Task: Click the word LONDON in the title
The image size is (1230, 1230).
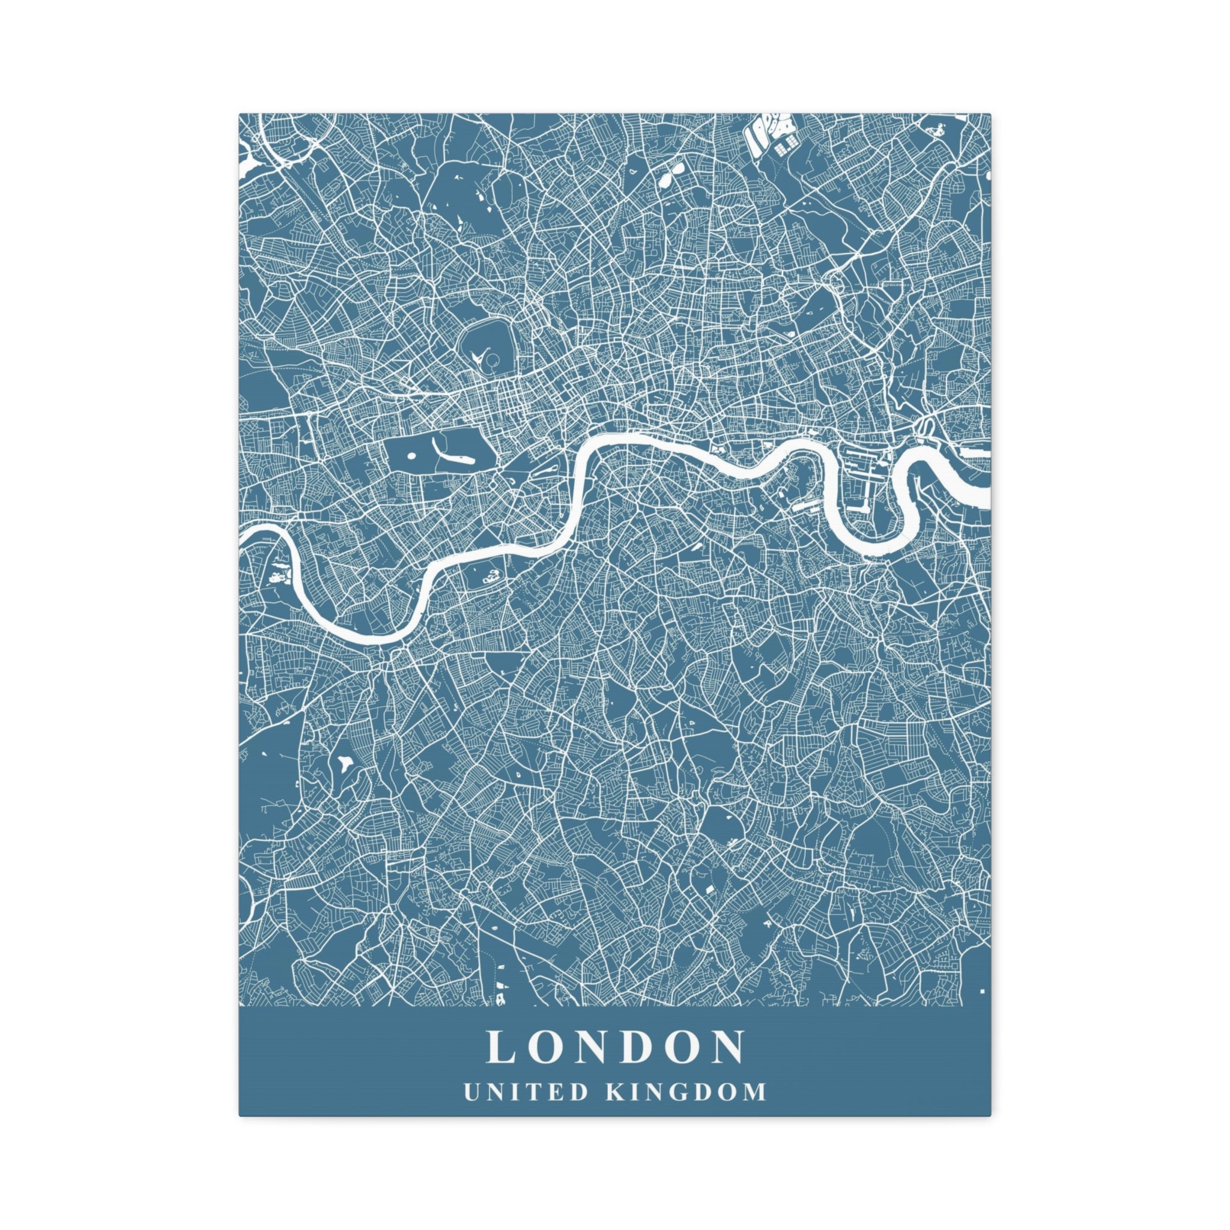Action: (x=615, y=1047)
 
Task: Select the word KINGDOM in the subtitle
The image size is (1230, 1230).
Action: (x=686, y=1092)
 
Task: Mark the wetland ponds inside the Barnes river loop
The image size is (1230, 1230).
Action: (x=278, y=577)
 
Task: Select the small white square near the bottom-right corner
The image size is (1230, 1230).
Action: (x=983, y=991)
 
